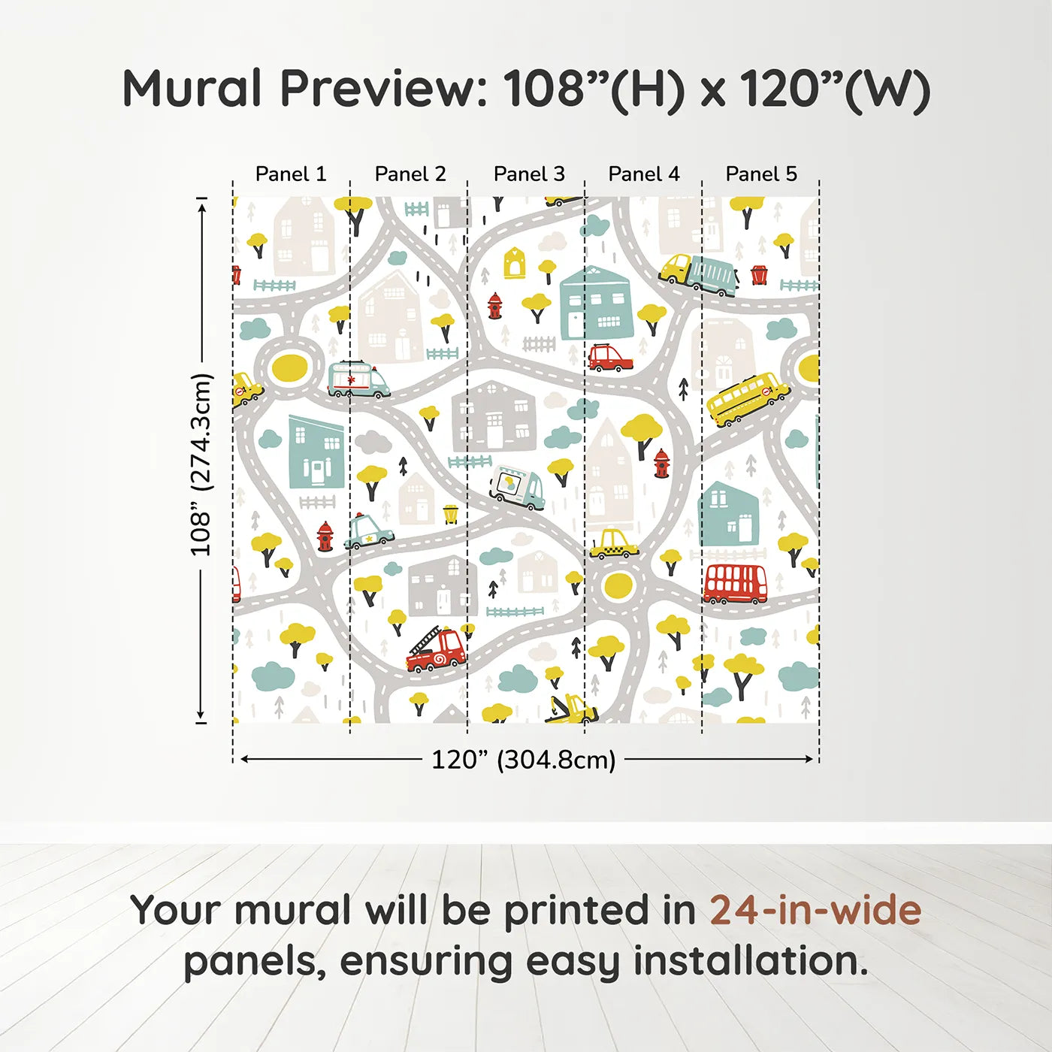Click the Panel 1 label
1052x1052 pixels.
pos(291,174)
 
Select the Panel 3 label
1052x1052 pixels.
pos(529,174)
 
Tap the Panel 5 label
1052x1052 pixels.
pos(760,174)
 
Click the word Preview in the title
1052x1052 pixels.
pos(383,89)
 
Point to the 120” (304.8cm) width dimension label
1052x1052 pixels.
pos(524,760)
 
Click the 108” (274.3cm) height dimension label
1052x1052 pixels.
pos(201,464)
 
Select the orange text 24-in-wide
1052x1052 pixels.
pos(815,910)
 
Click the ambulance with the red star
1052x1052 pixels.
pos(358,379)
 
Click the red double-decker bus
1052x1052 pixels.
pos(735,584)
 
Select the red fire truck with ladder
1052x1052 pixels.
pos(437,651)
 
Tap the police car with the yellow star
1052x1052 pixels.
pos(368,531)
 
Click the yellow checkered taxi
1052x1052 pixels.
pos(613,544)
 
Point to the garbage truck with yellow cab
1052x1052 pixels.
pos(699,275)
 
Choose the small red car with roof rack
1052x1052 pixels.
pos(609,358)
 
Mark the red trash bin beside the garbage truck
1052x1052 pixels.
pos(759,274)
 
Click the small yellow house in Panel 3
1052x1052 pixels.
pos(515,263)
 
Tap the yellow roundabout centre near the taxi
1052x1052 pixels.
pos(618,586)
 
